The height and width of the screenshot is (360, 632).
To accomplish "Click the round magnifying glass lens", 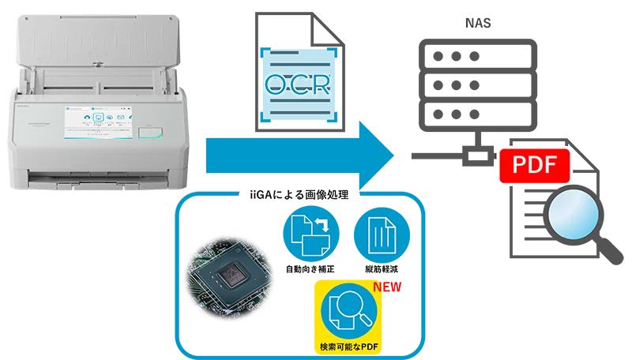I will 570,220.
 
